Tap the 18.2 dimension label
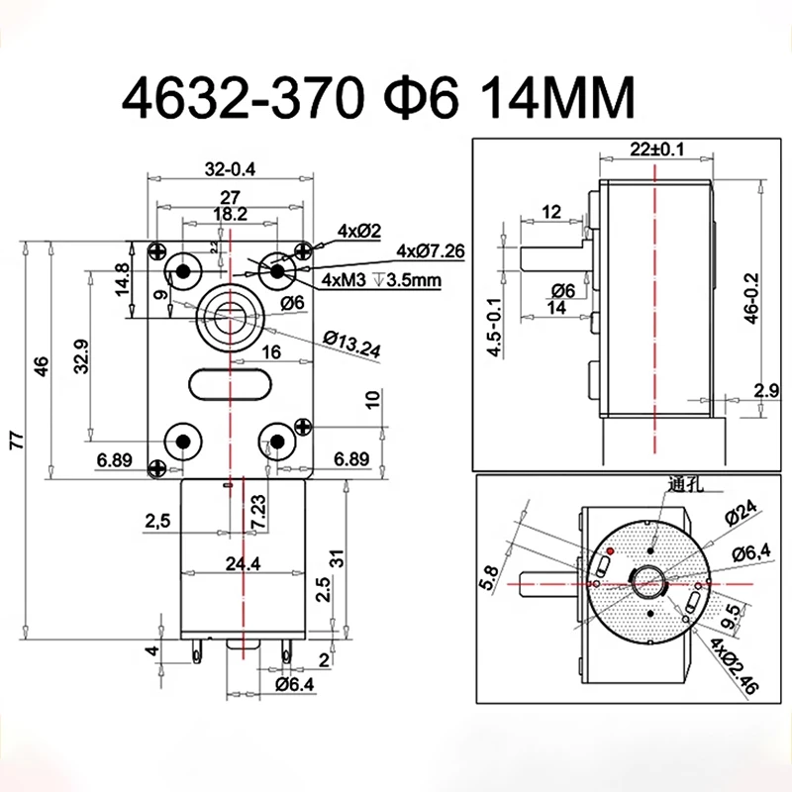230,213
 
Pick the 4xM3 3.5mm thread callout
380,281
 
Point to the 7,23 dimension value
257,512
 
